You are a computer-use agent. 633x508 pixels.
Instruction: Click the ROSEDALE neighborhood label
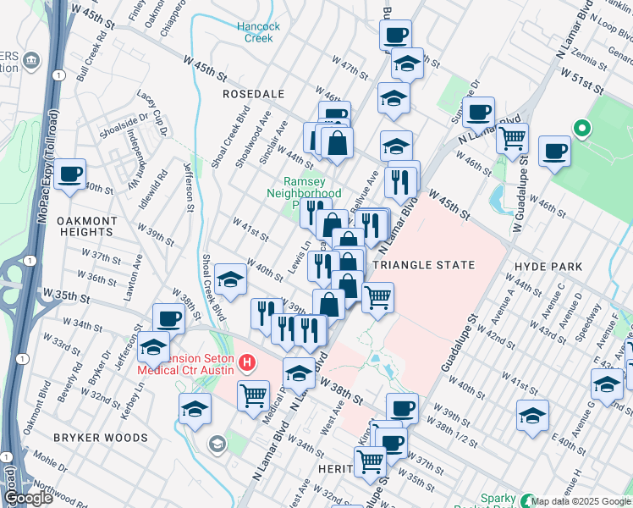coord(252,93)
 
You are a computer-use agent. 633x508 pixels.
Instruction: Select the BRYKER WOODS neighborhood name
coord(101,438)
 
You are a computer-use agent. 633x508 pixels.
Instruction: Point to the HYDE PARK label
coord(548,266)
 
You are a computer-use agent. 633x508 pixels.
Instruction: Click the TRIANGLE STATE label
coord(424,265)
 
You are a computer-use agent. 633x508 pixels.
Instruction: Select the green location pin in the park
coord(581,129)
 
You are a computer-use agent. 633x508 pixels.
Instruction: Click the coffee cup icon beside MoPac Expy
coord(70,174)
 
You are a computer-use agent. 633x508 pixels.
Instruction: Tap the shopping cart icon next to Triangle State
coord(377,296)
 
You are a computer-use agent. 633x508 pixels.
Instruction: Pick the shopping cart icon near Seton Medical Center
coord(254,395)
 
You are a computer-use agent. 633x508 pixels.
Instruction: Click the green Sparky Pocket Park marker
coord(529,500)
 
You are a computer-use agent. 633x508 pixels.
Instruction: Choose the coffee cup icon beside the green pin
coord(554,151)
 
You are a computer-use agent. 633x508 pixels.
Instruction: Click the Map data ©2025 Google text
coord(581,501)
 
